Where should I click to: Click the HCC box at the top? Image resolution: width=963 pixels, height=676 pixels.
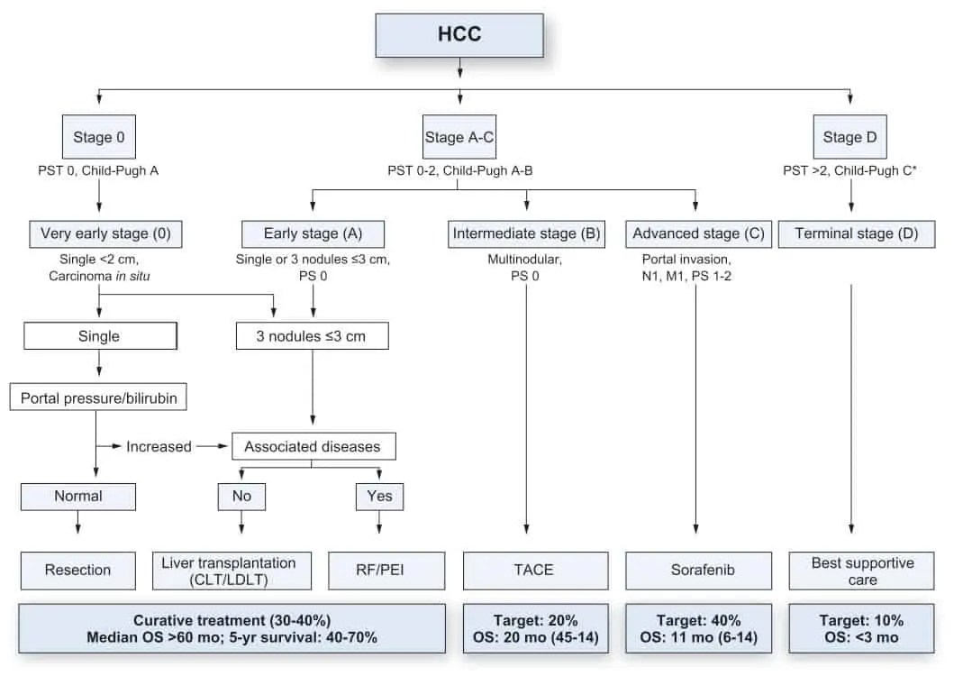[x=459, y=36]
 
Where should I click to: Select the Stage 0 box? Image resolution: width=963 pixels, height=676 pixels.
[x=99, y=138]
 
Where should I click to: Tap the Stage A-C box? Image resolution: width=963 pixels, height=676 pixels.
[x=459, y=138]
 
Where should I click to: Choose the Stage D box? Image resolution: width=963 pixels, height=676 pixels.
[x=849, y=138]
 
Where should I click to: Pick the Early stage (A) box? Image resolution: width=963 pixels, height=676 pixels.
[x=313, y=234]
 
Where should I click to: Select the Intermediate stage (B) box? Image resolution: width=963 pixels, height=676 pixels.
[x=526, y=234]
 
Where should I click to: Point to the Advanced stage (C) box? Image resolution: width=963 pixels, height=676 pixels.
[x=698, y=234]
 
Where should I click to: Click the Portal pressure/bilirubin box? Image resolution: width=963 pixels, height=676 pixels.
[x=98, y=397]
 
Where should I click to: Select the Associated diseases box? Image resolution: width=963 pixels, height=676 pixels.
[x=313, y=446]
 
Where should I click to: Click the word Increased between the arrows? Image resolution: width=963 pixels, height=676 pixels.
[x=159, y=446]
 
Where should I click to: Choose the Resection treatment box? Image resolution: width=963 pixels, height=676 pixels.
[x=77, y=570]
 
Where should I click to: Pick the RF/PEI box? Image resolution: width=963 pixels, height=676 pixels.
[x=386, y=570]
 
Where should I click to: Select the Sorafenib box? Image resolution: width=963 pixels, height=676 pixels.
[x=698, y=570]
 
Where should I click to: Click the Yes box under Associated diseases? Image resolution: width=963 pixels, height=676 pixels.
[x=379, y=496]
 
